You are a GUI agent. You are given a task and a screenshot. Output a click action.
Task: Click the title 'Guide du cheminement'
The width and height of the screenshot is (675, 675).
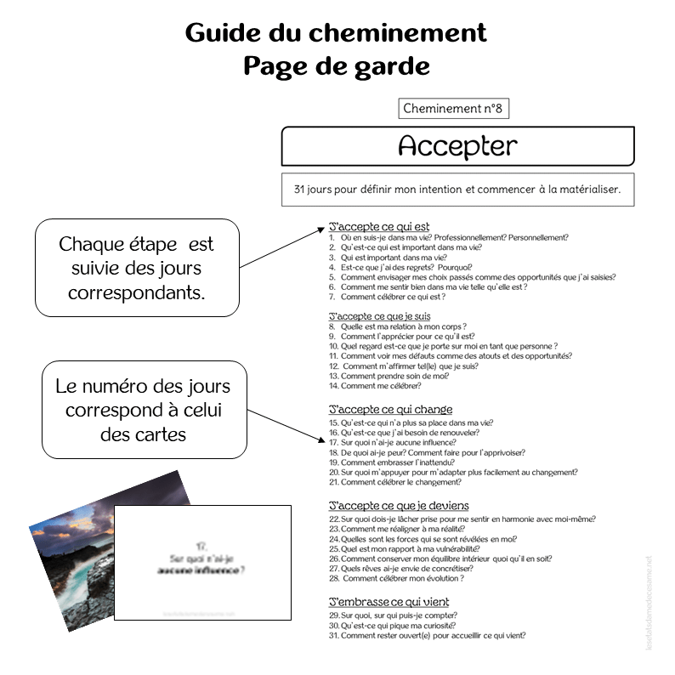point(336,32)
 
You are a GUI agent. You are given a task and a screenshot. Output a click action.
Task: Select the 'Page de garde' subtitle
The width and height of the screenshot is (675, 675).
point(337,65)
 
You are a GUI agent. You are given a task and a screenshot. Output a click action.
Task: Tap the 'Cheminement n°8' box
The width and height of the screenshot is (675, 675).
point(453,109)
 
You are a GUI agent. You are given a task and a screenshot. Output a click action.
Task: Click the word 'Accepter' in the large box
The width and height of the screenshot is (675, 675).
point(457,146)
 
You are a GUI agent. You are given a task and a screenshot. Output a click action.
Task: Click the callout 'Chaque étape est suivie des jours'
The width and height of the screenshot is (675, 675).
point(136,268)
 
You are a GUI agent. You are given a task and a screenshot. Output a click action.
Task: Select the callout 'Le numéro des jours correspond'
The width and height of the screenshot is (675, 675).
point(143,410)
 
